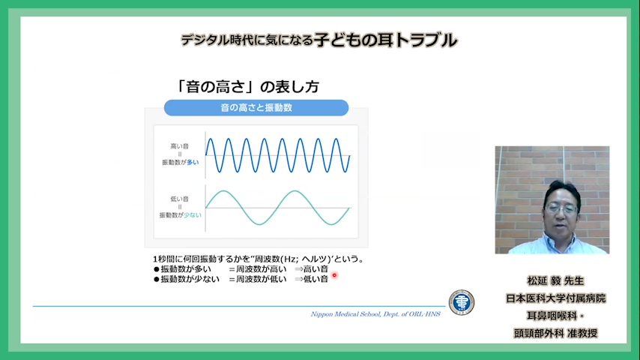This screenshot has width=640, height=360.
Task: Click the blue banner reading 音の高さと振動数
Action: coord(256,108)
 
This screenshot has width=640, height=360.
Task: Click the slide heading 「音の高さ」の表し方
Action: coord(247,87)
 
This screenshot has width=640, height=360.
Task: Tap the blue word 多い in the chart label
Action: coord(193,162)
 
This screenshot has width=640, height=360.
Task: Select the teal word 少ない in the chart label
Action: coord(193,215)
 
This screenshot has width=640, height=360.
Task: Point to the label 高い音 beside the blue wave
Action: coord(180,146)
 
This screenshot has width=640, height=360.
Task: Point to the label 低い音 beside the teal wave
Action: coord(180,199)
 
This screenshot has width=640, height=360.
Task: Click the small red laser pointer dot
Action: coord(334,275)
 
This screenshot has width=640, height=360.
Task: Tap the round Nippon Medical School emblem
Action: coord(462,303)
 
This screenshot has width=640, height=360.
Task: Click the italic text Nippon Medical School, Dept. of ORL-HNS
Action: coord(375,314)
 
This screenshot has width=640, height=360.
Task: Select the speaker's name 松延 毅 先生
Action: coord(555,280)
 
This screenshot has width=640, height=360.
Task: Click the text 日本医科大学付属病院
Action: coord(555,298)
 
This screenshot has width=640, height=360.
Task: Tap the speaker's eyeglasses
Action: coord(561,208)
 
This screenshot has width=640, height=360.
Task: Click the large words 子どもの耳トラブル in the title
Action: coord(386,40)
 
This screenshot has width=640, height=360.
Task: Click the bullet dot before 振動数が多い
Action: coord(157,269)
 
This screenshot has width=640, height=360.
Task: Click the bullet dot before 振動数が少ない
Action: coord(157,280)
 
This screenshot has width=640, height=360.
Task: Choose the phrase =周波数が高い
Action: coord(258,269)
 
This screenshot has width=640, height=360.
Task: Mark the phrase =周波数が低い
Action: coord(258,280)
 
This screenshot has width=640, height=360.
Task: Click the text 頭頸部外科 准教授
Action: coord(555,333)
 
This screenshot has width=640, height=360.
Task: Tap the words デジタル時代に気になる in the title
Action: coord(247,40)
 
